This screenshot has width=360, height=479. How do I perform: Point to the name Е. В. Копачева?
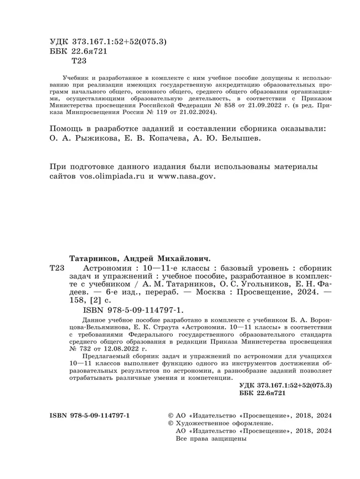coord(164,139)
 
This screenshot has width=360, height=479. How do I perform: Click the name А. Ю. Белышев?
coord(239,139)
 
